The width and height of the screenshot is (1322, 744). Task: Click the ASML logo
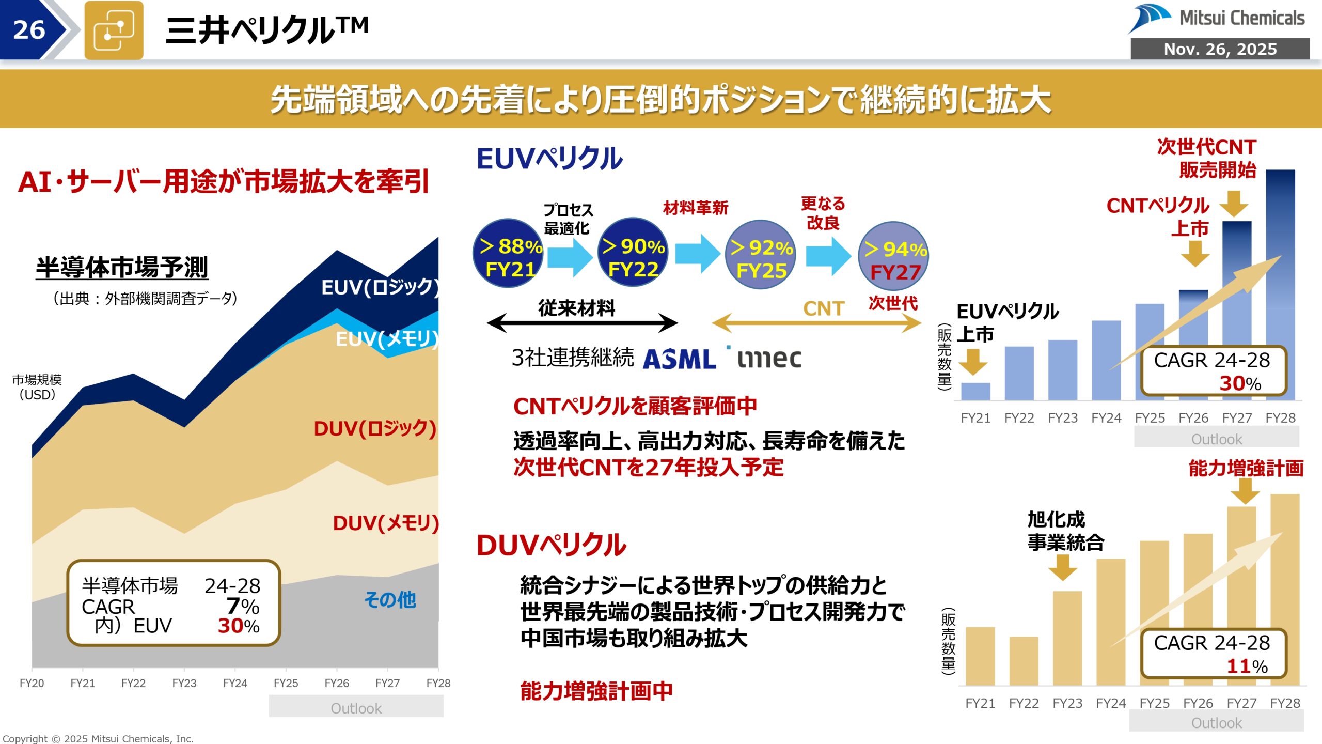click(x=679, y=359)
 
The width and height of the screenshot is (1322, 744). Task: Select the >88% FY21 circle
click(x=509, y=253)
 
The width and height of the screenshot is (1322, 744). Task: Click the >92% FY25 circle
click(x=761, y=255)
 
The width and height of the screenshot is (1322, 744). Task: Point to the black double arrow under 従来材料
click(x=582, y=323)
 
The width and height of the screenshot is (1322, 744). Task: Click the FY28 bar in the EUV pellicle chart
click(x=1280, y=284)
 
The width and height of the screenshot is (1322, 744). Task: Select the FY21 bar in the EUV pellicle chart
click(x=975, y=391)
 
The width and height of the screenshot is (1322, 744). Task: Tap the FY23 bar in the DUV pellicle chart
click(x=1067, y=638)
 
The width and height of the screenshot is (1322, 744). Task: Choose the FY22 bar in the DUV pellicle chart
click(x=1024, y=661)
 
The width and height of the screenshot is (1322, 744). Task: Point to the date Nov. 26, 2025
click(x=1220, y=49)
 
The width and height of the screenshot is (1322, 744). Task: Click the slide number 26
click(x=29, y=30)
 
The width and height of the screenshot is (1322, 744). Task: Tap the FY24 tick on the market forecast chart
click(x=235, y=683)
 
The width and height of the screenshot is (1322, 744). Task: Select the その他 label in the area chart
click(x=390, y=600)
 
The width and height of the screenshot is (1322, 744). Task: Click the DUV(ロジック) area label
click(x=375, y=428)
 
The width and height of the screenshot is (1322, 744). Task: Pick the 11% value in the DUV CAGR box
click(x=1247, y=666)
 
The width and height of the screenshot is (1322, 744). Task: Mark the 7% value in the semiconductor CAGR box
click(x=243, y=606)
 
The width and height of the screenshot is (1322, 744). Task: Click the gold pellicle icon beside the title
click(x=114, y=30)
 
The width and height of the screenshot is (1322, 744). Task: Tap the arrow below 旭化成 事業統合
click(x=1063, y=567)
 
